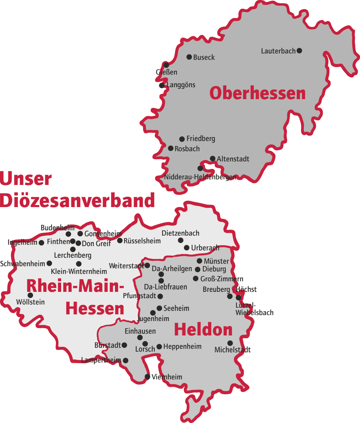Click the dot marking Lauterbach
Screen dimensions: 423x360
pos(299,51)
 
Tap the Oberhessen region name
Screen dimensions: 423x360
pos(257,94)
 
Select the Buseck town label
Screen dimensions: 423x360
pos(204,57)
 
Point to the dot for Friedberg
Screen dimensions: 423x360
pos(182,139)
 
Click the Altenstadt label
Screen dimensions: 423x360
pos(233,159)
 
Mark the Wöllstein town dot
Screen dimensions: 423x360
pos(30,295)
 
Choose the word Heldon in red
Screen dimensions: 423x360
pos(203,330)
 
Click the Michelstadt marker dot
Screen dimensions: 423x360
pos(230,343)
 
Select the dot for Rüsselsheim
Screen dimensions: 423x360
pos(120,241)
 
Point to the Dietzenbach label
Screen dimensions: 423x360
pos(180,233)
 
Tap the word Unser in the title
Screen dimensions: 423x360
pos(26,179)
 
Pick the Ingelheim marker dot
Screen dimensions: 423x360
pos(41,243)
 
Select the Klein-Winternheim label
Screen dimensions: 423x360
pos(79,271)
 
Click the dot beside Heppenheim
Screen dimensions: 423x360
pos(159,347)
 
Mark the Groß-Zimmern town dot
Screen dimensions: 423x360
pos(195,278)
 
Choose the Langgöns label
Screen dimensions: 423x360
pos(181,85)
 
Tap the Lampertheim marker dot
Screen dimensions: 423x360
pos(126,360)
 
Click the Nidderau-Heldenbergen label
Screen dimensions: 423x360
pos(200,177)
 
